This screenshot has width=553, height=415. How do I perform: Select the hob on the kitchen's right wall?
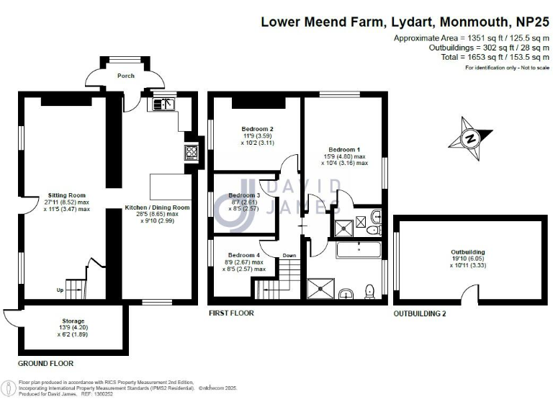(193, 151)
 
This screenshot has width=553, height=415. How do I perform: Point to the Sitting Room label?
(67, 195)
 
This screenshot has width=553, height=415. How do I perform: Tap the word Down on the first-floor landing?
(289, 255)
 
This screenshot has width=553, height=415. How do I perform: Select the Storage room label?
(73, 321)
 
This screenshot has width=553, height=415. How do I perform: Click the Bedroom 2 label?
(256, 130)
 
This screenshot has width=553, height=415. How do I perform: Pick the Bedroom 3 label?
(244, 195)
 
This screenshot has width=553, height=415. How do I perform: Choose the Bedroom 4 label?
(244, 255)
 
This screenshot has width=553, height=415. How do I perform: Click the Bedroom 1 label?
(343, 149)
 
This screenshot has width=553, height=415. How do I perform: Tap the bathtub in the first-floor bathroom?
(358, 251)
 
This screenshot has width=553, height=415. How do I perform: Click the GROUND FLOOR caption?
(46, 363)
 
